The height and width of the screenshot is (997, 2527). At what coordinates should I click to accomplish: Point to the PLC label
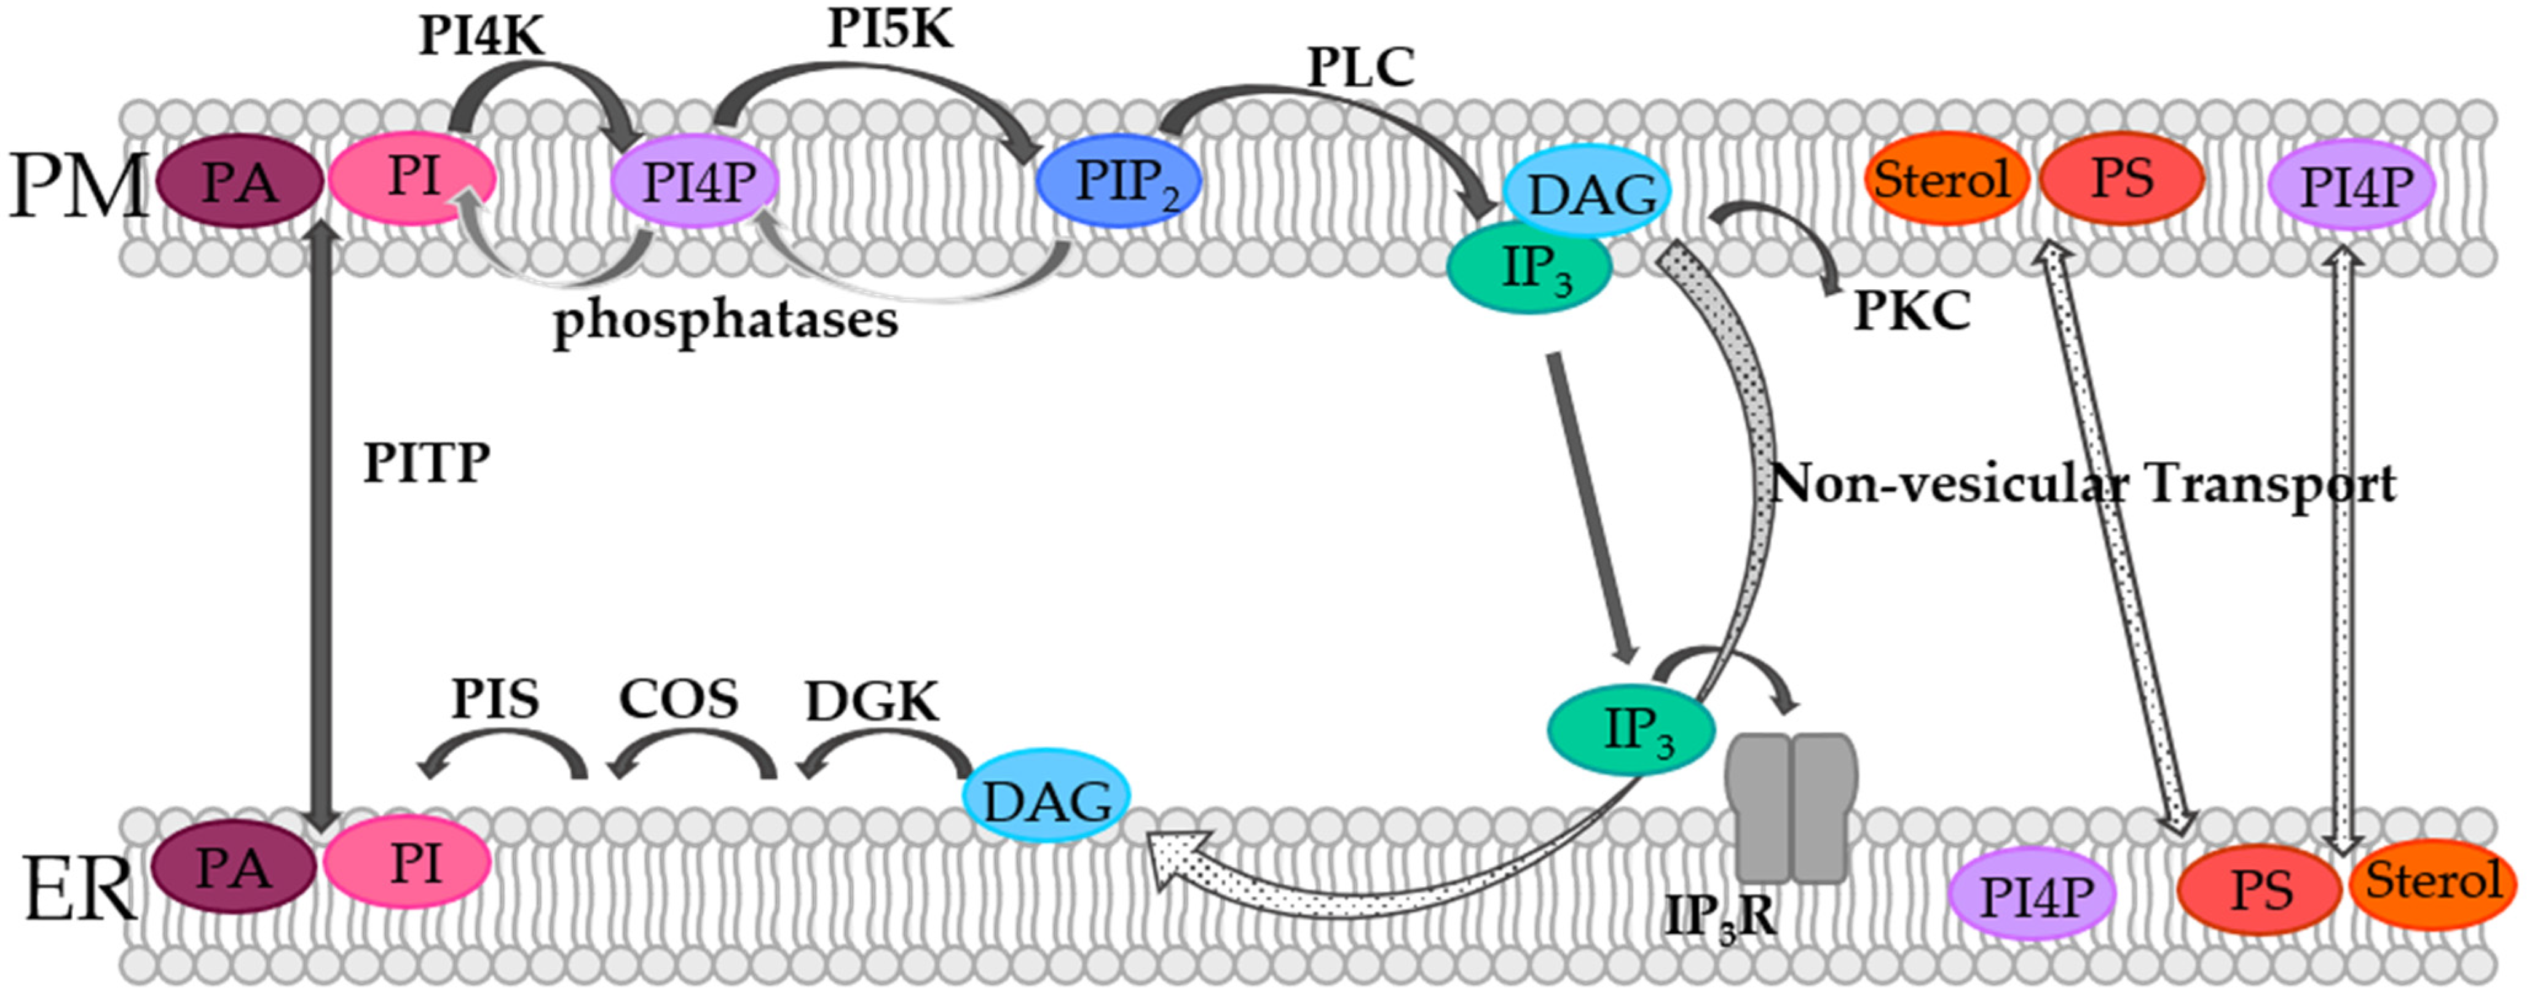[x=1360, y=68]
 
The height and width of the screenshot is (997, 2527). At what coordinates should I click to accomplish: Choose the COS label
[x=678, y=699]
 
